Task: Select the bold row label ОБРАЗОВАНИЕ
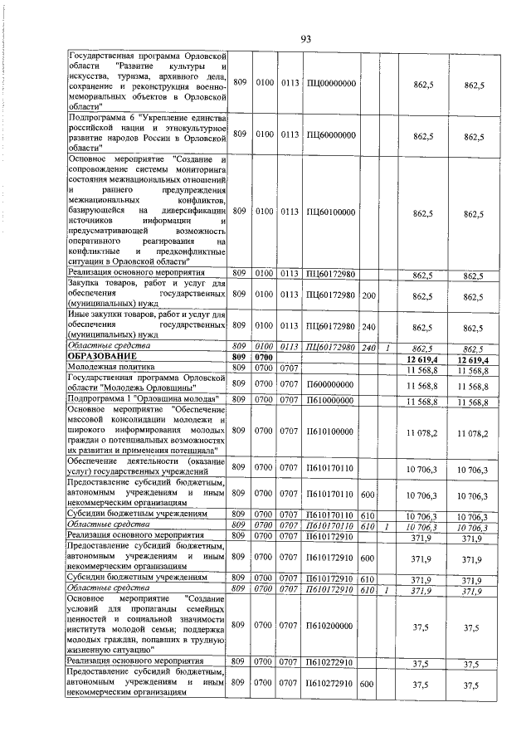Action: point(100,357)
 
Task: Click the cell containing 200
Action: point(369,295)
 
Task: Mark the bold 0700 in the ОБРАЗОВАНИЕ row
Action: point(264,357)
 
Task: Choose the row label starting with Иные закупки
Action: point(146,324)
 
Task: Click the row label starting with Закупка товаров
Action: point(146,295)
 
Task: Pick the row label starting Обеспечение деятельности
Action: point(146,468)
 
